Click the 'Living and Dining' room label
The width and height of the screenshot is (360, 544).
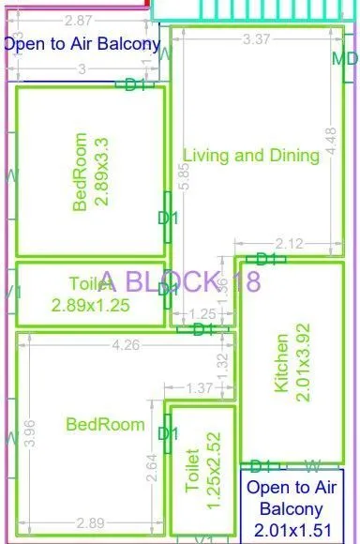(x=251, y=156)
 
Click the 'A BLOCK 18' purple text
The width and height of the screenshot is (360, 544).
(x=180, y=280)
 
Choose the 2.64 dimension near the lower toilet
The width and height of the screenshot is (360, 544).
(x=152, y=466)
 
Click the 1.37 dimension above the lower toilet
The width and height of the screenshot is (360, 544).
(x=198, y=388)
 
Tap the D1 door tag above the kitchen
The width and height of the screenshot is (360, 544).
(x=266, y=259)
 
